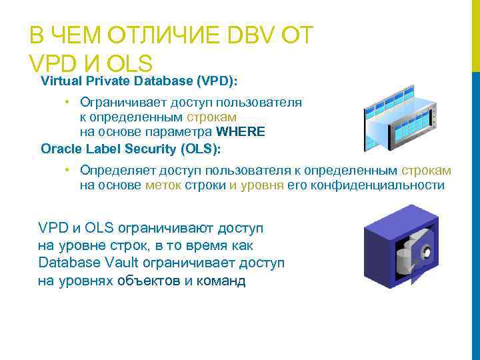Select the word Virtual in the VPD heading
click(x=60, y=81)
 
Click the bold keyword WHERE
click(x=241, y=132)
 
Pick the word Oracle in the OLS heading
click(x=59, y=148)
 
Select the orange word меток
click(x=162, y=185)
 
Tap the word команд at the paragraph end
click(x=222, y=281)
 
